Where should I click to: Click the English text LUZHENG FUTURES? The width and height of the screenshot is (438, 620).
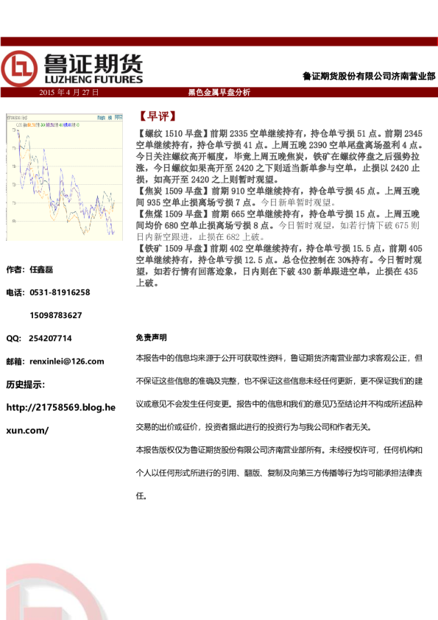(x=94, y=77)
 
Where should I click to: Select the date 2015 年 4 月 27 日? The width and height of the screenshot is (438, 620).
(x=68, y=93)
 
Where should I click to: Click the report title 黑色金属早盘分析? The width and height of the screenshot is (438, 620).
(x=219, y=93)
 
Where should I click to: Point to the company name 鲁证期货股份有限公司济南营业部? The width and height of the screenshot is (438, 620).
(x=369, y=76)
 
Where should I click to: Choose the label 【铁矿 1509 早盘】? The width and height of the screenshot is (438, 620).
(x=172, y=249)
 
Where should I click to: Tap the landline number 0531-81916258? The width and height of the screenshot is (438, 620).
(x=60, y=292)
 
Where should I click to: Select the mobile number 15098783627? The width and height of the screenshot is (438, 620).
(x=55, y=315)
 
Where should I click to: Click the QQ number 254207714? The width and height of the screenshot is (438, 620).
(x=50, y=338)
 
